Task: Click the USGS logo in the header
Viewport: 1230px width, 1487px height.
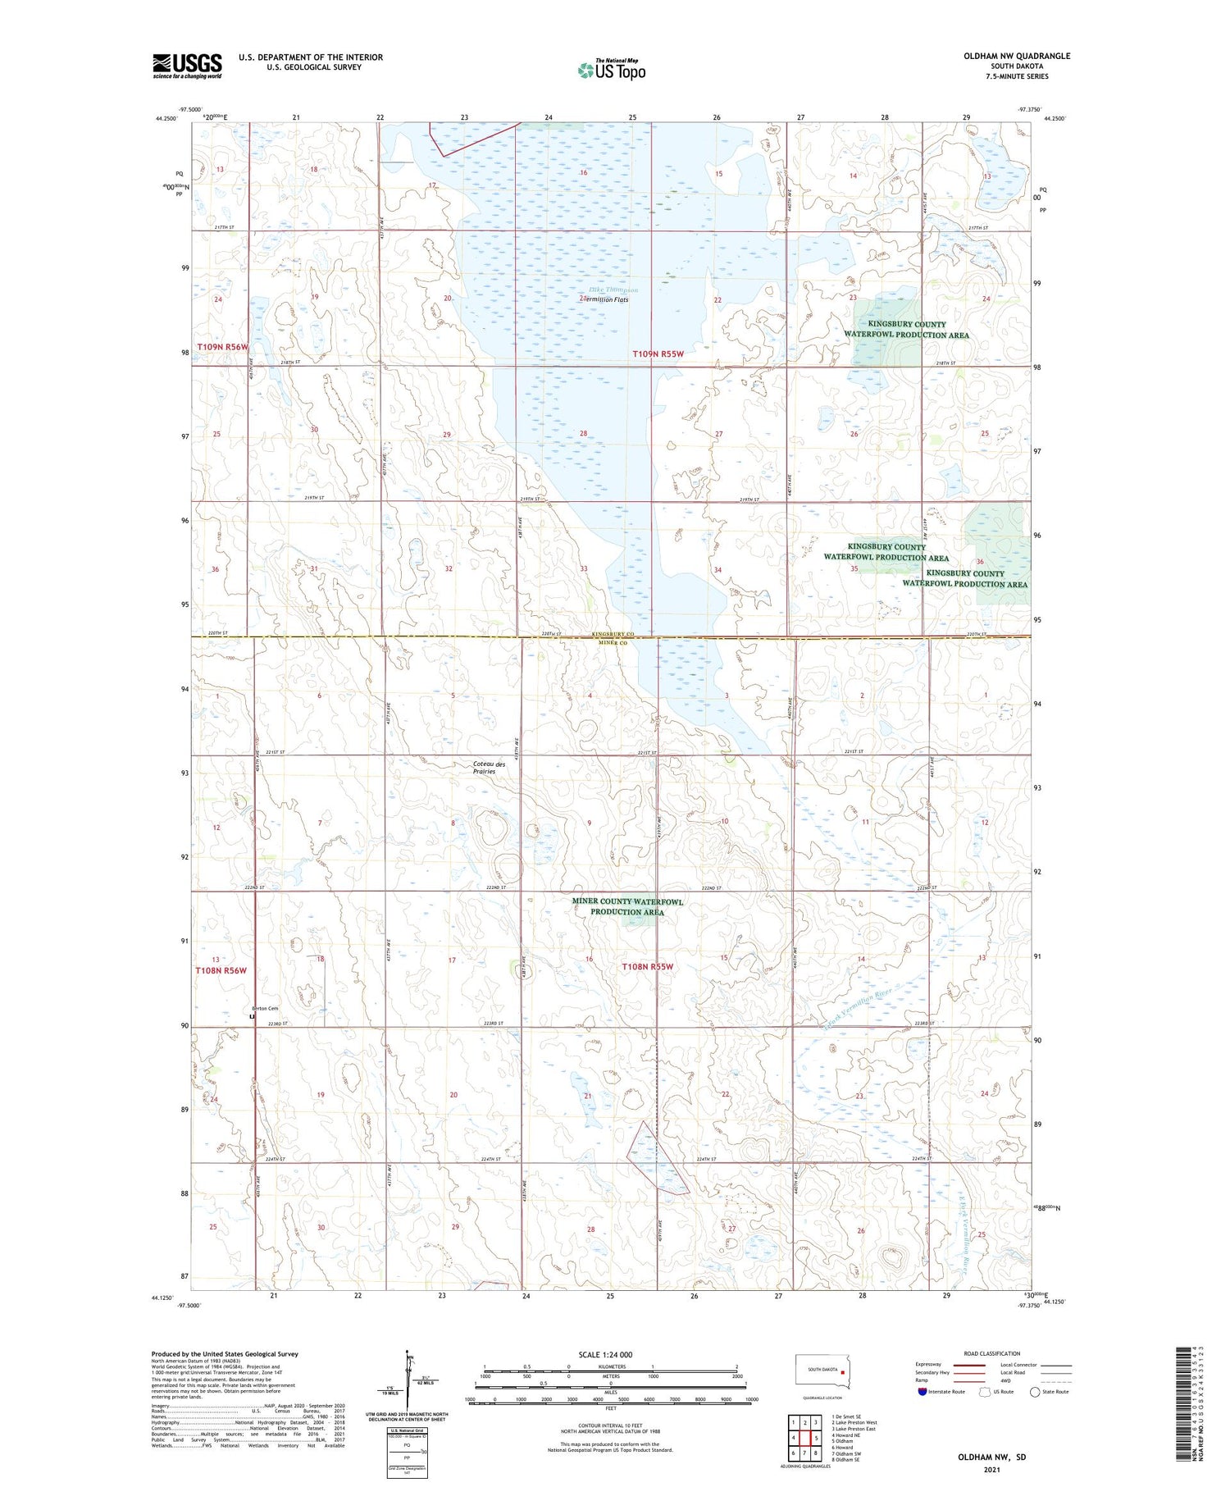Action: (187, 66)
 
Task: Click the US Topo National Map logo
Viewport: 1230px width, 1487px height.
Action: (611, 70)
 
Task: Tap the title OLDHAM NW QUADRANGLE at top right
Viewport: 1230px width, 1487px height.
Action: (1017, 56)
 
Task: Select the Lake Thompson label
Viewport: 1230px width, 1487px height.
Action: (613, 290)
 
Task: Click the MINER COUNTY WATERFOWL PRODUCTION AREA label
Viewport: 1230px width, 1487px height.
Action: (627, 906)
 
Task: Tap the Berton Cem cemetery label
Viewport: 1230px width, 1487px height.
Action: (262, 1008)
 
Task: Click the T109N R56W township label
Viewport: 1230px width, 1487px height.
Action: (222, 347)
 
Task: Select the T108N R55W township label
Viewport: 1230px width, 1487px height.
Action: (647, 966)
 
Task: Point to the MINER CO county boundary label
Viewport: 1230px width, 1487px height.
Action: (612, 644)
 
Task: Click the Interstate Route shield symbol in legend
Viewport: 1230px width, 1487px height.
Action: (922, 1392)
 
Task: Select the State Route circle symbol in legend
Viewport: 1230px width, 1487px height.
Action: (1035, 1392)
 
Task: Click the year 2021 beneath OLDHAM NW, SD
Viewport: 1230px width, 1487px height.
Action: (992, 1470)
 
